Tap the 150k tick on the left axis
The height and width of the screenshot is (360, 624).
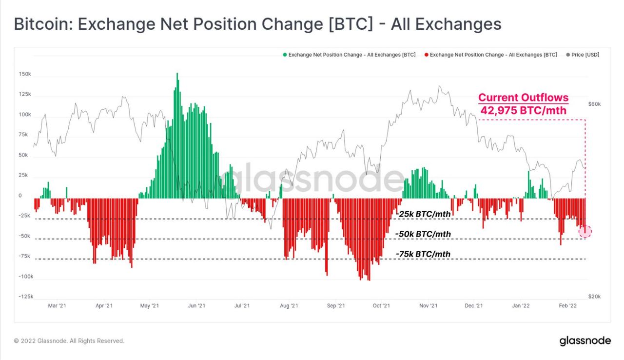tap(25, 74)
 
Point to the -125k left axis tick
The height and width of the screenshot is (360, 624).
tap(26, 297)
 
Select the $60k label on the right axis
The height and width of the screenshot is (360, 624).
tap(594, 104)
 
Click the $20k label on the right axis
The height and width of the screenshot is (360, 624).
tap(594, 297)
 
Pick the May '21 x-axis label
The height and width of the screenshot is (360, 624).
tap(149, 306)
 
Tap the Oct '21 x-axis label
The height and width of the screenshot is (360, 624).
tap(381, 306)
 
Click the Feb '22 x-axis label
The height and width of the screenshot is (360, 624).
tap(568, 306)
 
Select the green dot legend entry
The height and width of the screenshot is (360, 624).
tap(349, 55)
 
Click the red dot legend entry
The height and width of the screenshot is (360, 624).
tap(490, 55)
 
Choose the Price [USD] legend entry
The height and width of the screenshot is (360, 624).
tap(583, 55)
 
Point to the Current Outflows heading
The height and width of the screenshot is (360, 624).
tap(523, 98)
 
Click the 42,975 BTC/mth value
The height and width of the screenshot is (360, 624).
tap(523, 111)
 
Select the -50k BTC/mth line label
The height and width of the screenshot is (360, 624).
tap(423, 234)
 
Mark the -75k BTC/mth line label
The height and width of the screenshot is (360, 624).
tap(423, 254)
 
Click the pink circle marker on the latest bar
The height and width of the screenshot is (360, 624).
tap(585, 232)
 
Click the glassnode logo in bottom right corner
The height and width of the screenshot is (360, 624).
tap(585, 340)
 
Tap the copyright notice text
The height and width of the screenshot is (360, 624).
tap(69, 341)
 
